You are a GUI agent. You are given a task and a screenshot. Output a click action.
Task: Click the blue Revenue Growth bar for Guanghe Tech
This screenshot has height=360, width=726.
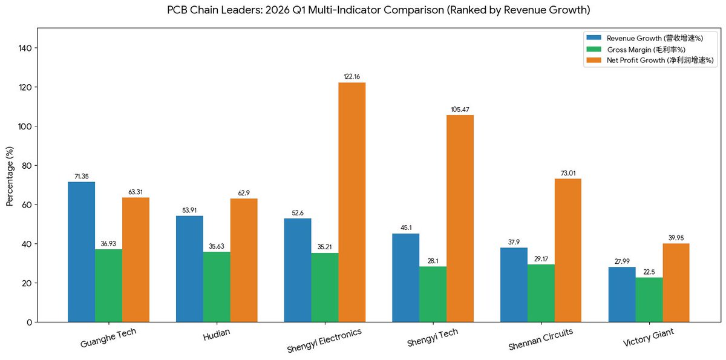click(81, 252)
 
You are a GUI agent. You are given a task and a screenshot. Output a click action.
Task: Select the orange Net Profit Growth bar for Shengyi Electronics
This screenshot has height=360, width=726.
click(352, 202)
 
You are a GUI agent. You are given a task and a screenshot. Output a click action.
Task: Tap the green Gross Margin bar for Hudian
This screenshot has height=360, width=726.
click(217, 287)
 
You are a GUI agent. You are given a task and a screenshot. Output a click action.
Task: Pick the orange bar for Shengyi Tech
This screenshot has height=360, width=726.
click(460, 218)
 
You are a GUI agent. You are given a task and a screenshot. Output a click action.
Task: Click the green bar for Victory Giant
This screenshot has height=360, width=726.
click(649, 299)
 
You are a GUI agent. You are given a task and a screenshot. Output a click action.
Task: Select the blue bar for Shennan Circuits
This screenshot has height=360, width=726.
click(514, 285)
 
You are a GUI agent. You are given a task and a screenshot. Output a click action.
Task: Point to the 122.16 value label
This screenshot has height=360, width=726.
click(352, 77)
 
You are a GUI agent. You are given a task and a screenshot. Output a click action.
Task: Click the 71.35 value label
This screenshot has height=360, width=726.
click(81, 176)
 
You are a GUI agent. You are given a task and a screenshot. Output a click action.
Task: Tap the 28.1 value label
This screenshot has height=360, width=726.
click(433, 261)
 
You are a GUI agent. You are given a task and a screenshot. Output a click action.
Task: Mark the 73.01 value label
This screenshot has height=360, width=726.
click(568, 173)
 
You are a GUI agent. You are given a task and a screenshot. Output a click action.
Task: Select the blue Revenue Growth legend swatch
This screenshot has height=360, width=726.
click(594, 38)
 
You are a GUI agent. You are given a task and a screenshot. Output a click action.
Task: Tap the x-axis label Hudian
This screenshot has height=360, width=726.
click(217, 334)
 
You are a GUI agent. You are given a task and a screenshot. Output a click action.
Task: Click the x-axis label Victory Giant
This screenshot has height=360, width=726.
click(649, 338)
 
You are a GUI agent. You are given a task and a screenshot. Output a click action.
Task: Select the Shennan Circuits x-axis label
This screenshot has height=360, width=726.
click(541, 339)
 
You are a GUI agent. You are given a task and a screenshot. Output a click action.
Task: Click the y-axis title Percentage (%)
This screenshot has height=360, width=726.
click(10, 176)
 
